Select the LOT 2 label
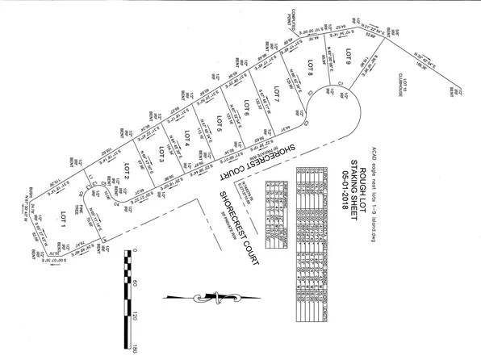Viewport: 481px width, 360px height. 126,171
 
